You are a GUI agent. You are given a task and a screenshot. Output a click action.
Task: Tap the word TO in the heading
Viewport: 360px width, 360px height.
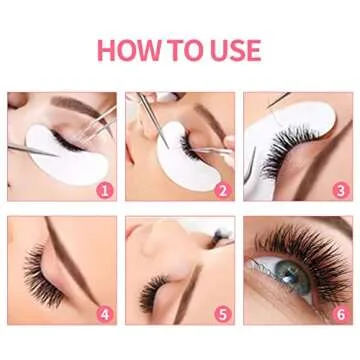point(191,49)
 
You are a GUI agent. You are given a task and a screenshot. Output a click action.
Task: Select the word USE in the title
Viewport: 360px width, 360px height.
point(236,49)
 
